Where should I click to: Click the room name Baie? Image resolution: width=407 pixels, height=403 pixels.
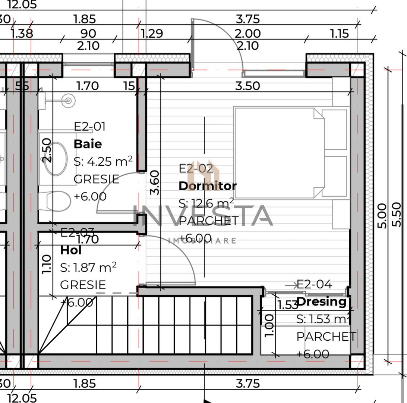(88, 144)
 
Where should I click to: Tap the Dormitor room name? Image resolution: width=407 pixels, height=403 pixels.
(208, 186)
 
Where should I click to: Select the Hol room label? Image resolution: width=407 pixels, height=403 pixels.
(71, 250)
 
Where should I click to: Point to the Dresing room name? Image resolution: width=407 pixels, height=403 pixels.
(322, 302)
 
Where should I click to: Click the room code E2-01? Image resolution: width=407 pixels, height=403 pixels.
(89, 126)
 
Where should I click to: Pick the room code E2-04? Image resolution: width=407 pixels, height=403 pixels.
(314, 285)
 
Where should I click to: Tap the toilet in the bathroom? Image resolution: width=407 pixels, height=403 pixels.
(56, 201)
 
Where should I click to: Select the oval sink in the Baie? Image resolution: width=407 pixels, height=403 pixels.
(56, 158)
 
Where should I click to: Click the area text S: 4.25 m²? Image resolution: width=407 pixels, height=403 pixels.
(103, 161)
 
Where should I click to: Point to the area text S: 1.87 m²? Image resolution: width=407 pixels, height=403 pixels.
(88, 267)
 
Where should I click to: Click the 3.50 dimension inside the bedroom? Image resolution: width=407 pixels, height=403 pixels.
(247, 86)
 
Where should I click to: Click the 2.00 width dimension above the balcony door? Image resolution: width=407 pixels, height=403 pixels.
(247, 34)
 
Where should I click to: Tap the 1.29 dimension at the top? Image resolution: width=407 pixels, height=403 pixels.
(152, 34)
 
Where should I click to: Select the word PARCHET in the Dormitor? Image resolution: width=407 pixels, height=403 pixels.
(208, 221)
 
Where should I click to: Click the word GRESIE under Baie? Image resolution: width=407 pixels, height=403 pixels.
(96, 179)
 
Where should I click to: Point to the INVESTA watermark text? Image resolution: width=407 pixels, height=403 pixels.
(203, 216)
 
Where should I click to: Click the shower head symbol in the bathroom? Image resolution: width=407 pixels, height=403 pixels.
(68, 100)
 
